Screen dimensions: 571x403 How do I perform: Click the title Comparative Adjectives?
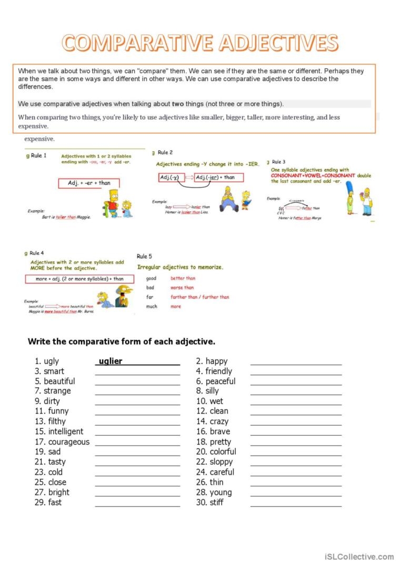click(x=200, y=43)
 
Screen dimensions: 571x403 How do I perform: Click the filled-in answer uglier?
click(x=110, y=361)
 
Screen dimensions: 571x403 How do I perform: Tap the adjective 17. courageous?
click(x=62, y=442)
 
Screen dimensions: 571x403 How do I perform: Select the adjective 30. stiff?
click(x=209, y=503)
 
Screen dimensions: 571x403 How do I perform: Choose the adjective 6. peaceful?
click(x=215, y=381)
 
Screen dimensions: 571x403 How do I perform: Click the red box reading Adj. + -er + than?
click(x=89, y=183)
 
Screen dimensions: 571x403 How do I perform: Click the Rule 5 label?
click(x=145, y=257)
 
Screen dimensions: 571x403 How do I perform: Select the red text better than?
click(x=183, y=278)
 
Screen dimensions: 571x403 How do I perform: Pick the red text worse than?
click(x=182, y=288)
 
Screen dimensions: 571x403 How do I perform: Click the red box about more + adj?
click(x=75, y=279)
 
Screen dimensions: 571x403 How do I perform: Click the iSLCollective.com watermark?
click(x=359, y=557)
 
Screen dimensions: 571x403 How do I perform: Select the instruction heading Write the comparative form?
click(x=121, y=342)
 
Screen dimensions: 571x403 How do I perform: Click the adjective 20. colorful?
click(x=216, y=452)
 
